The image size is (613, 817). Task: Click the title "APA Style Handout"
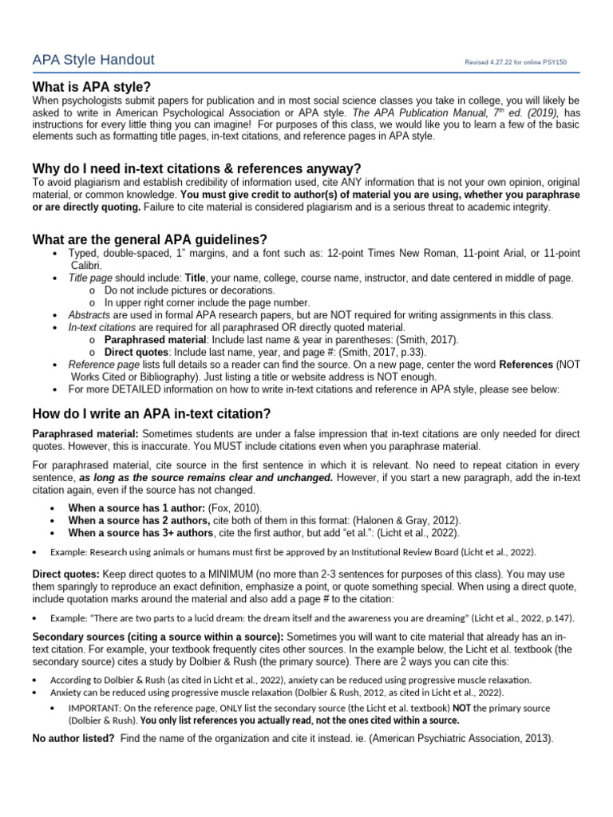click(x=93, y=60)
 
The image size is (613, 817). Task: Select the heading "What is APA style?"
click(x=91, y=86)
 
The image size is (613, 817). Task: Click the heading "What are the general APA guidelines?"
click(x=149, y=239)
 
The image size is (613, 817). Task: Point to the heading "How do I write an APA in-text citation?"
click(x=151, y=413)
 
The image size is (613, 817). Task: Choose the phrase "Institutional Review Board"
click(x=386, y=552)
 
